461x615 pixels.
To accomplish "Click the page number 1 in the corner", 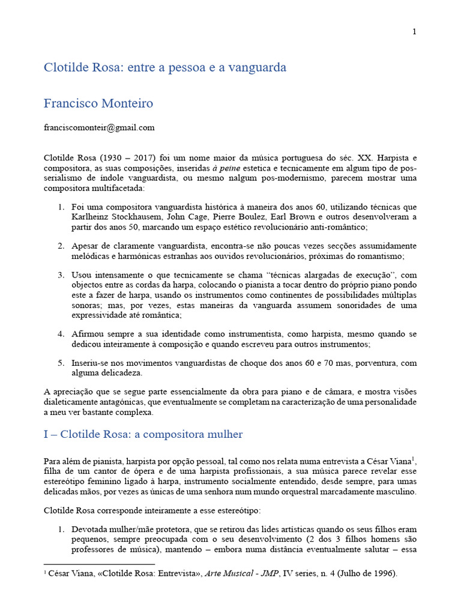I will [414, 32].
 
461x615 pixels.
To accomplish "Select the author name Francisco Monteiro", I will [98, 103].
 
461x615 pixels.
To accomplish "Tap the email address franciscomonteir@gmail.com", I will [99, 127].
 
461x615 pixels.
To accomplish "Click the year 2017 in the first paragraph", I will [137, 157].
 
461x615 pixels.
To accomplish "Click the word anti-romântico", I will [337, 227].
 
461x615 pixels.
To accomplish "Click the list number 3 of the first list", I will [61, 275].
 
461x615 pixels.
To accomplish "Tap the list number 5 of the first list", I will [61, 363].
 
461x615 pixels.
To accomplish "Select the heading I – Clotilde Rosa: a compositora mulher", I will [143, 434].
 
